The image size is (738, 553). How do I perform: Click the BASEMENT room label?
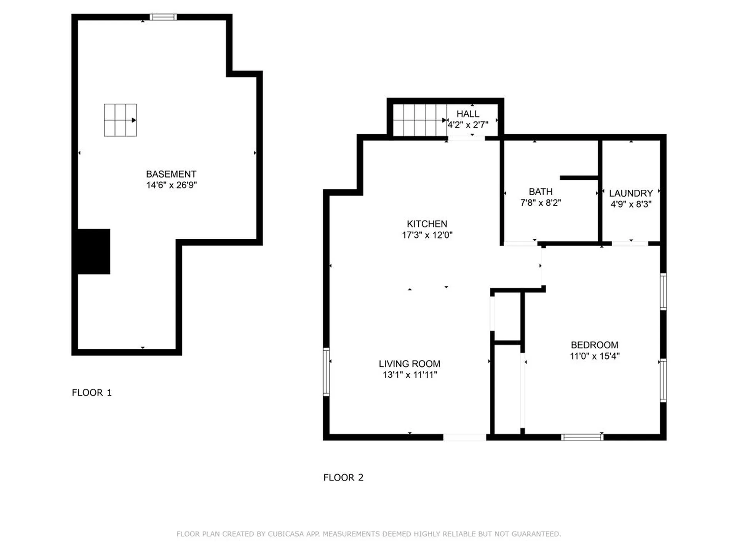click(x=171, y=174)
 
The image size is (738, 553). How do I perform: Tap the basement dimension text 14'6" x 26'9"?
click(x=171, y=185)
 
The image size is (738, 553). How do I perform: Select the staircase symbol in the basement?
click(x=120, y=120)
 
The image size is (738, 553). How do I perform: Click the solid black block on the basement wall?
click(x=94, y=252)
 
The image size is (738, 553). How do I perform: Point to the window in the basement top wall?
click(x=163, y=17)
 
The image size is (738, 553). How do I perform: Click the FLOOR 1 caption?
click(x=92, y=392)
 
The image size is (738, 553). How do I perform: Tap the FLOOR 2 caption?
click(x=343, y=477)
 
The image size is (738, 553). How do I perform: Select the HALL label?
click(x=468, y=114)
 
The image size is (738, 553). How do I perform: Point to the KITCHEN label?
click(x=427, y=224)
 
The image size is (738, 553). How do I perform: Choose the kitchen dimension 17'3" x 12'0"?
click(x=427, y=235)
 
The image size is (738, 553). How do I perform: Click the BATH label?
click(x=541, y=192)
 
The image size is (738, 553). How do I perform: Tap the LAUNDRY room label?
click(x=631, y=193)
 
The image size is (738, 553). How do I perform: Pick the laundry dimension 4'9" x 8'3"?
click(x=631, y=204)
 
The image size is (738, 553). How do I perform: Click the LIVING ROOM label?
click(x=410, y=364)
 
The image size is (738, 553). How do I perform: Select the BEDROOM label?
click(x=595, y=345)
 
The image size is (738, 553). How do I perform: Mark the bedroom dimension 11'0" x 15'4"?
click(x=595, y=356)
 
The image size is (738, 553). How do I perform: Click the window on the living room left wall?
click(x=326, y=372)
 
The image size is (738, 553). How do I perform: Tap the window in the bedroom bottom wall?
click(x=582, y=437)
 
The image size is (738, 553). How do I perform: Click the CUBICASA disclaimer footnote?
click(x=369, y=534)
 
